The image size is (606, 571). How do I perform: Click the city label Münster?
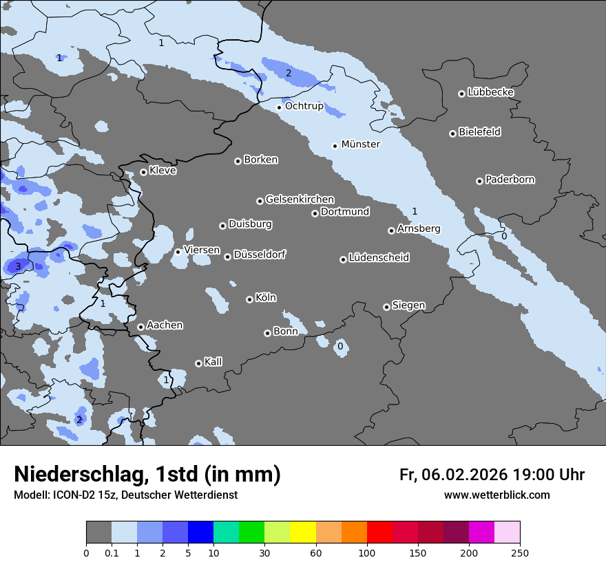(x=360, y=144)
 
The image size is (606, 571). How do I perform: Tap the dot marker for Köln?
(x=249, y=299)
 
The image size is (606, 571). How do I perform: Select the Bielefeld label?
(x=479, y=132)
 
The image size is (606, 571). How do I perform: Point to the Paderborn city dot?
(x=479, y=181)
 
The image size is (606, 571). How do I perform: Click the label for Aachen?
(x=165, y=325)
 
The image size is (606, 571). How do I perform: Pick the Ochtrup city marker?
(x=279, y=107)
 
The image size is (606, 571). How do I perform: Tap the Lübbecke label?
(x=490, y=92)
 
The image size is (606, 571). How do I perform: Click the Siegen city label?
(x=408, y=305)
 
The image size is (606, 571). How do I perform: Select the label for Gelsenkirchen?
(x=300, y=200)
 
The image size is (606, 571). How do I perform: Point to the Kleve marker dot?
(x=143, y=172)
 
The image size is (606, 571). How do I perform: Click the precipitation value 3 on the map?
(x=18, y=266)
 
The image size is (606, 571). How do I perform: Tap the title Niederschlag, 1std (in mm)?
(x=147, y=475)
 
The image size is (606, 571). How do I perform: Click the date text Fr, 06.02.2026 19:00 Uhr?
(x=492, y=475)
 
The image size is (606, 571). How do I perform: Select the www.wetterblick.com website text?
(x=497, y=495)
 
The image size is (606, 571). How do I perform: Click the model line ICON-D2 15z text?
(x=125, y=495)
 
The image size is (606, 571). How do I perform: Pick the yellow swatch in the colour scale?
(x=303, y=532)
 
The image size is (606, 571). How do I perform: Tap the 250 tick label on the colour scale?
(x=519, y=552)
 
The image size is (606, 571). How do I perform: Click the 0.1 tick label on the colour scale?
(x=112, y=552)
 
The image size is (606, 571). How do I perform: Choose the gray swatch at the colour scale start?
(x=98, y=532)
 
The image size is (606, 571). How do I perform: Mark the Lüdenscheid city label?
(x=379, y=258)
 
